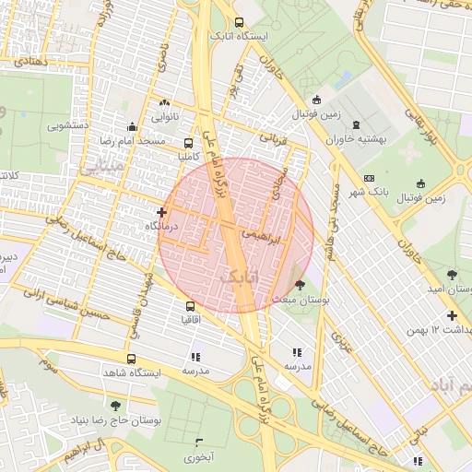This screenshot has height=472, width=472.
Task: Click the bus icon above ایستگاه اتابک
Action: (x=240, y=23)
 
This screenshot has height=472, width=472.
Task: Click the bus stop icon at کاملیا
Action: (x=189, y=144)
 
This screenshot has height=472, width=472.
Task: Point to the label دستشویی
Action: (x=68, y=124)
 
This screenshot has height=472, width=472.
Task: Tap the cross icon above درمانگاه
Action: (x=162, y=212)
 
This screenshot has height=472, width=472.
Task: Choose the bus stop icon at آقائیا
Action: (x=191, y=306)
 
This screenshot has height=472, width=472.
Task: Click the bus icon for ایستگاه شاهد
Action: (x=130, y=359)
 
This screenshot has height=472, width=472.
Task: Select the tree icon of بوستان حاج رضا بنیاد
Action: (x=115, y=406)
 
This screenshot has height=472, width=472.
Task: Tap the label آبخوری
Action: (x=198, y=456)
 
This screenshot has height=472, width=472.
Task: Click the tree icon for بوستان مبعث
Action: (x=299, y=285)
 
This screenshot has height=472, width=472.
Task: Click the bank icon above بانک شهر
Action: (x=370, y=178)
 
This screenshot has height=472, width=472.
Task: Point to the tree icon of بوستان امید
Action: (x=452, y=274)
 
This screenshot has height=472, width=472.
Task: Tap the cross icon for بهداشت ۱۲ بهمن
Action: (x=452, y=316)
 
